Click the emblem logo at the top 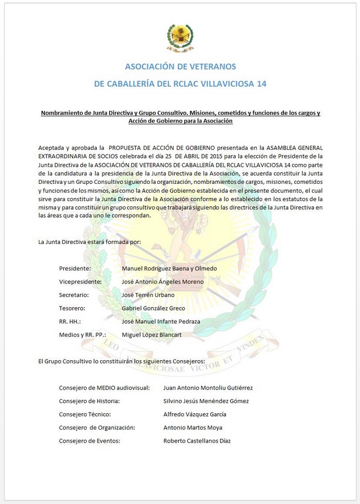[x=180, y=38]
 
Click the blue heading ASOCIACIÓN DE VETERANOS [x=180, y=67]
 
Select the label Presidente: [x=75, y=269]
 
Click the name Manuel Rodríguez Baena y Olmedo [x=169, y=269]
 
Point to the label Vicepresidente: [x=81, y=282]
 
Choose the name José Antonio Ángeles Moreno [x=163, y=282]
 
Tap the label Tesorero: [x=72, y=308]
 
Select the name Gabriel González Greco [x=153, y=308]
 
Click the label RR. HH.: [x=70, y=322]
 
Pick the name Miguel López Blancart [x=151, y=335]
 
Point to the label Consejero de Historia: [x=90, y=401]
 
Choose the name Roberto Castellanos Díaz [x=197, y=441]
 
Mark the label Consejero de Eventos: [x=90, y=441]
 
